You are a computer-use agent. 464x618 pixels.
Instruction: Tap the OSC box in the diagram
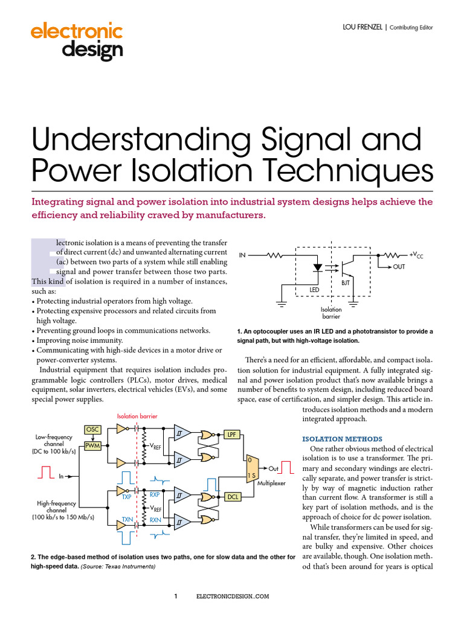(92, 430)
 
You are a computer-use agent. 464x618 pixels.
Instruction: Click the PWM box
(92, 446)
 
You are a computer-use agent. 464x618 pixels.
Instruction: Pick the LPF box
(232, 435)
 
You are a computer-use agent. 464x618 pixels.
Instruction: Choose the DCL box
(232, 497)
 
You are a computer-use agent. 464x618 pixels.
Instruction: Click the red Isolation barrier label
(140, 416)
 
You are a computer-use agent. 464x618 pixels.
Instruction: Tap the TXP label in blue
(126, 497)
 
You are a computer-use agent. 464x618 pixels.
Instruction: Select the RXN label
(155, 519)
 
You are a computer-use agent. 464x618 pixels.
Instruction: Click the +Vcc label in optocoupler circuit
(416, 255)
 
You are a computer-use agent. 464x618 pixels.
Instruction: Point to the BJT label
(346, 282)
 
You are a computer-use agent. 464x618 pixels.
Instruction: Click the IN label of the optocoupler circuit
(242, 255)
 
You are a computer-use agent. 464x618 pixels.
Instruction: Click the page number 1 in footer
(176, 596)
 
